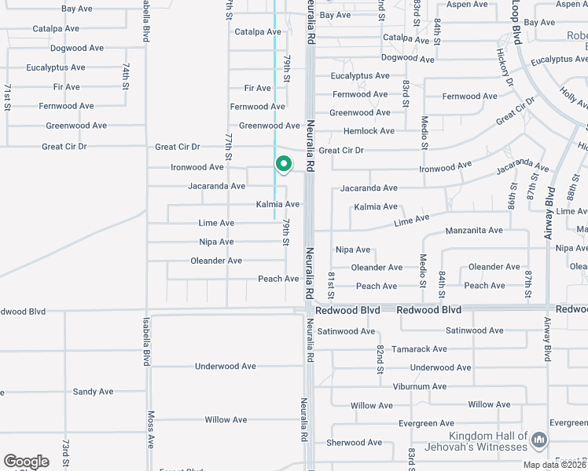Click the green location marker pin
coord(283,164)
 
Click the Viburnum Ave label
coord(419,386)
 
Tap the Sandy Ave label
coord(93,392)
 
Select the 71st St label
coord(8,96)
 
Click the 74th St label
coord(125,75)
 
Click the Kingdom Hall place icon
coord(538,440)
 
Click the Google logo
coord(26,462)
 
